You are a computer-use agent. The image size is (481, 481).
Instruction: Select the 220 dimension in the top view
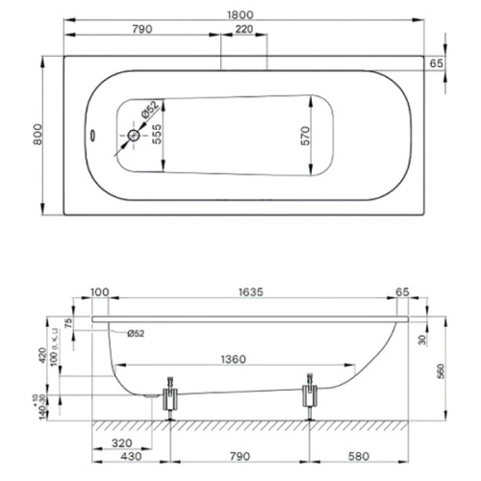pos(244,31)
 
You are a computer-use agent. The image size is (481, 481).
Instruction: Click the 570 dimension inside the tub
pos(304,136)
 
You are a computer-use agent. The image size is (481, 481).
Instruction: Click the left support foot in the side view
pos(171,396)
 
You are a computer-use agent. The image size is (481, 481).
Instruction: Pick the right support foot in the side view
pos(309,396)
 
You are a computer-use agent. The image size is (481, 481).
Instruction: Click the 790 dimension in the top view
pos(142,31)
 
